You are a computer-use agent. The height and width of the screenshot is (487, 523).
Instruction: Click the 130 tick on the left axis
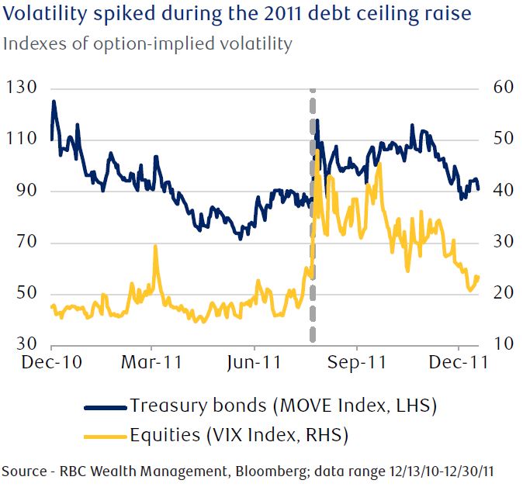tap(22, 88)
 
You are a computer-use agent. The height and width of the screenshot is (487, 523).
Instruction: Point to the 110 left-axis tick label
tap(22, 140)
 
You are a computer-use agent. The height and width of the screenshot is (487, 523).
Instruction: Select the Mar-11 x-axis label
tap(151, 362)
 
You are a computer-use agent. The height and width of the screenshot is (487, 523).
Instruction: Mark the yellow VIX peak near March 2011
tap(156, 247)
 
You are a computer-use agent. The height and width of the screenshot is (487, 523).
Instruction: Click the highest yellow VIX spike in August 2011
tap(318, 150)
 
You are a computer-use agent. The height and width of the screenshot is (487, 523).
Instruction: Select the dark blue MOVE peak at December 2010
tap(54, 102)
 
